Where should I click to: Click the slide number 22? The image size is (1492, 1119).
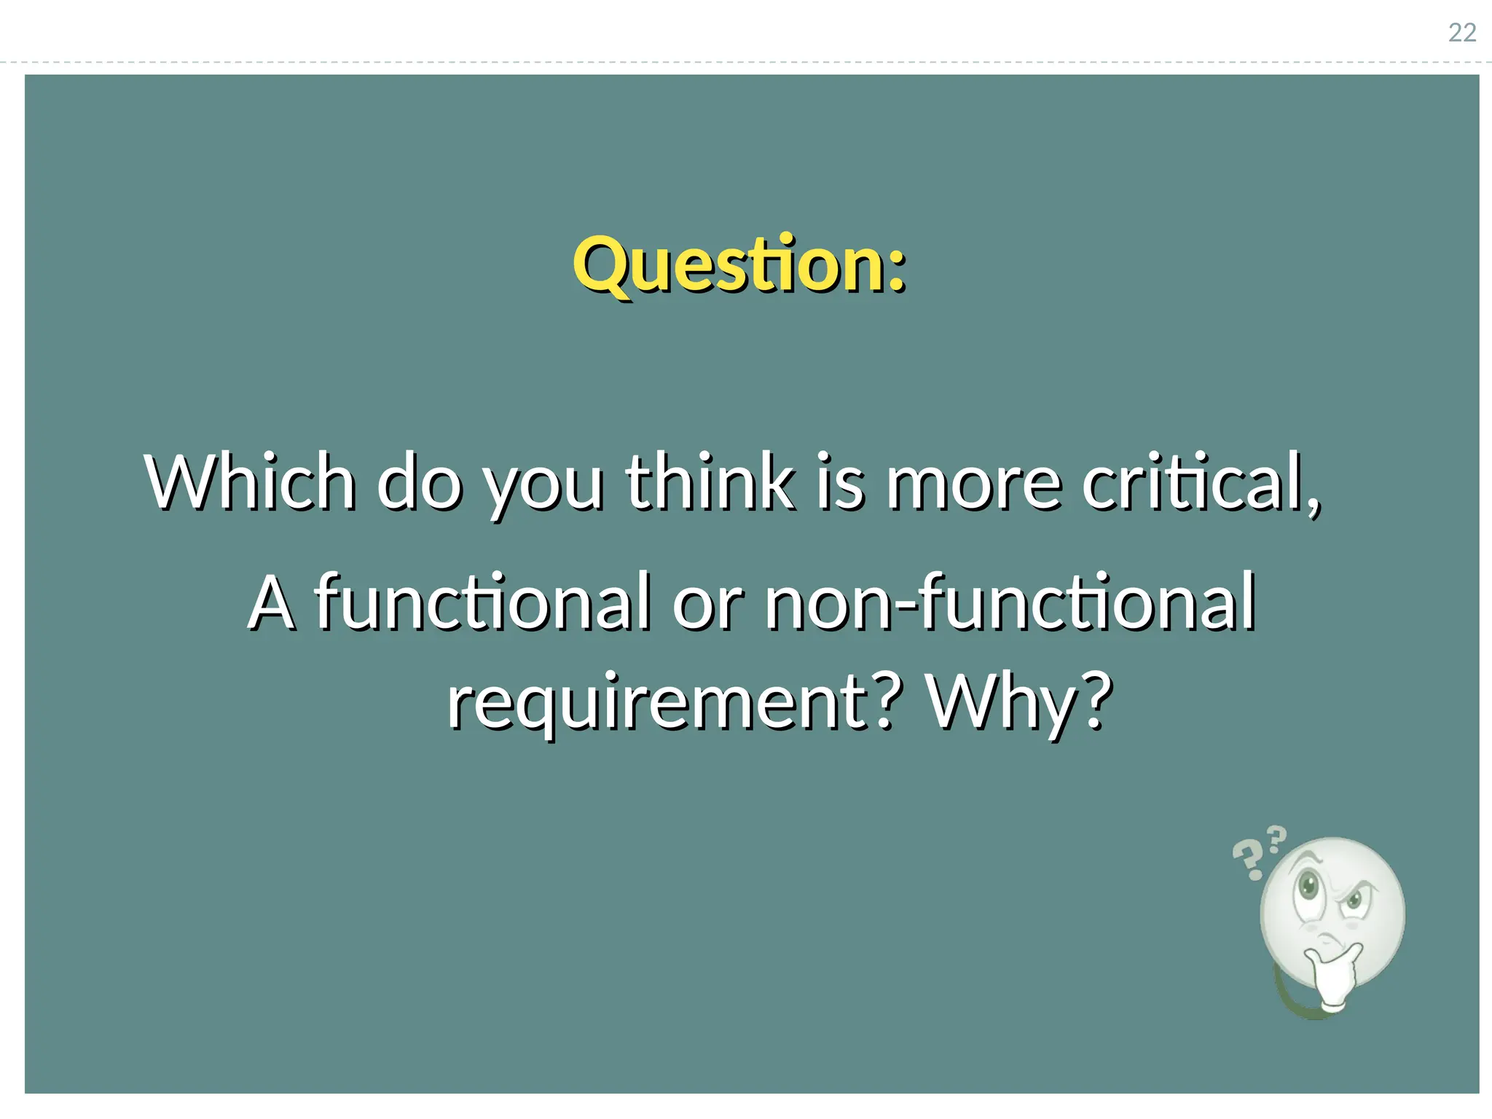pyautogui.click(x=1461, y=33)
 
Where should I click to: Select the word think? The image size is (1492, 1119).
pyautogui.click(x=710, y=482)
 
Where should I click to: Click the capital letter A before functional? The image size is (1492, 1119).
pyautogui.click(x=272, y=603)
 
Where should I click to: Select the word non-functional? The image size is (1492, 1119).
pyautogui.click(x=1010, y=602)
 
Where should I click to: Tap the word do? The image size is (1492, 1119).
pyautogui.click(x=419, y=482)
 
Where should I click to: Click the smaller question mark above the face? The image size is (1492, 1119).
pyautogui.click(x=1277, y=839)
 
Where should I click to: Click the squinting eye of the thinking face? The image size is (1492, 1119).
pyautogui.click(x=1355, y=898)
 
